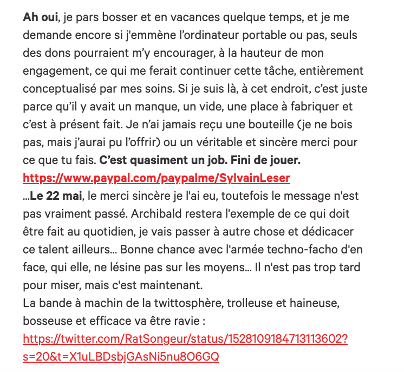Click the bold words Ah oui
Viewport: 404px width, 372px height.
click(41, 17)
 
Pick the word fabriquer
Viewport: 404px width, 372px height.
click(314, 106)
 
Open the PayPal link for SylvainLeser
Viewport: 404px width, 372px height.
click(157, 178)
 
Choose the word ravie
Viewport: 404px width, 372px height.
click(183, 321)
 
